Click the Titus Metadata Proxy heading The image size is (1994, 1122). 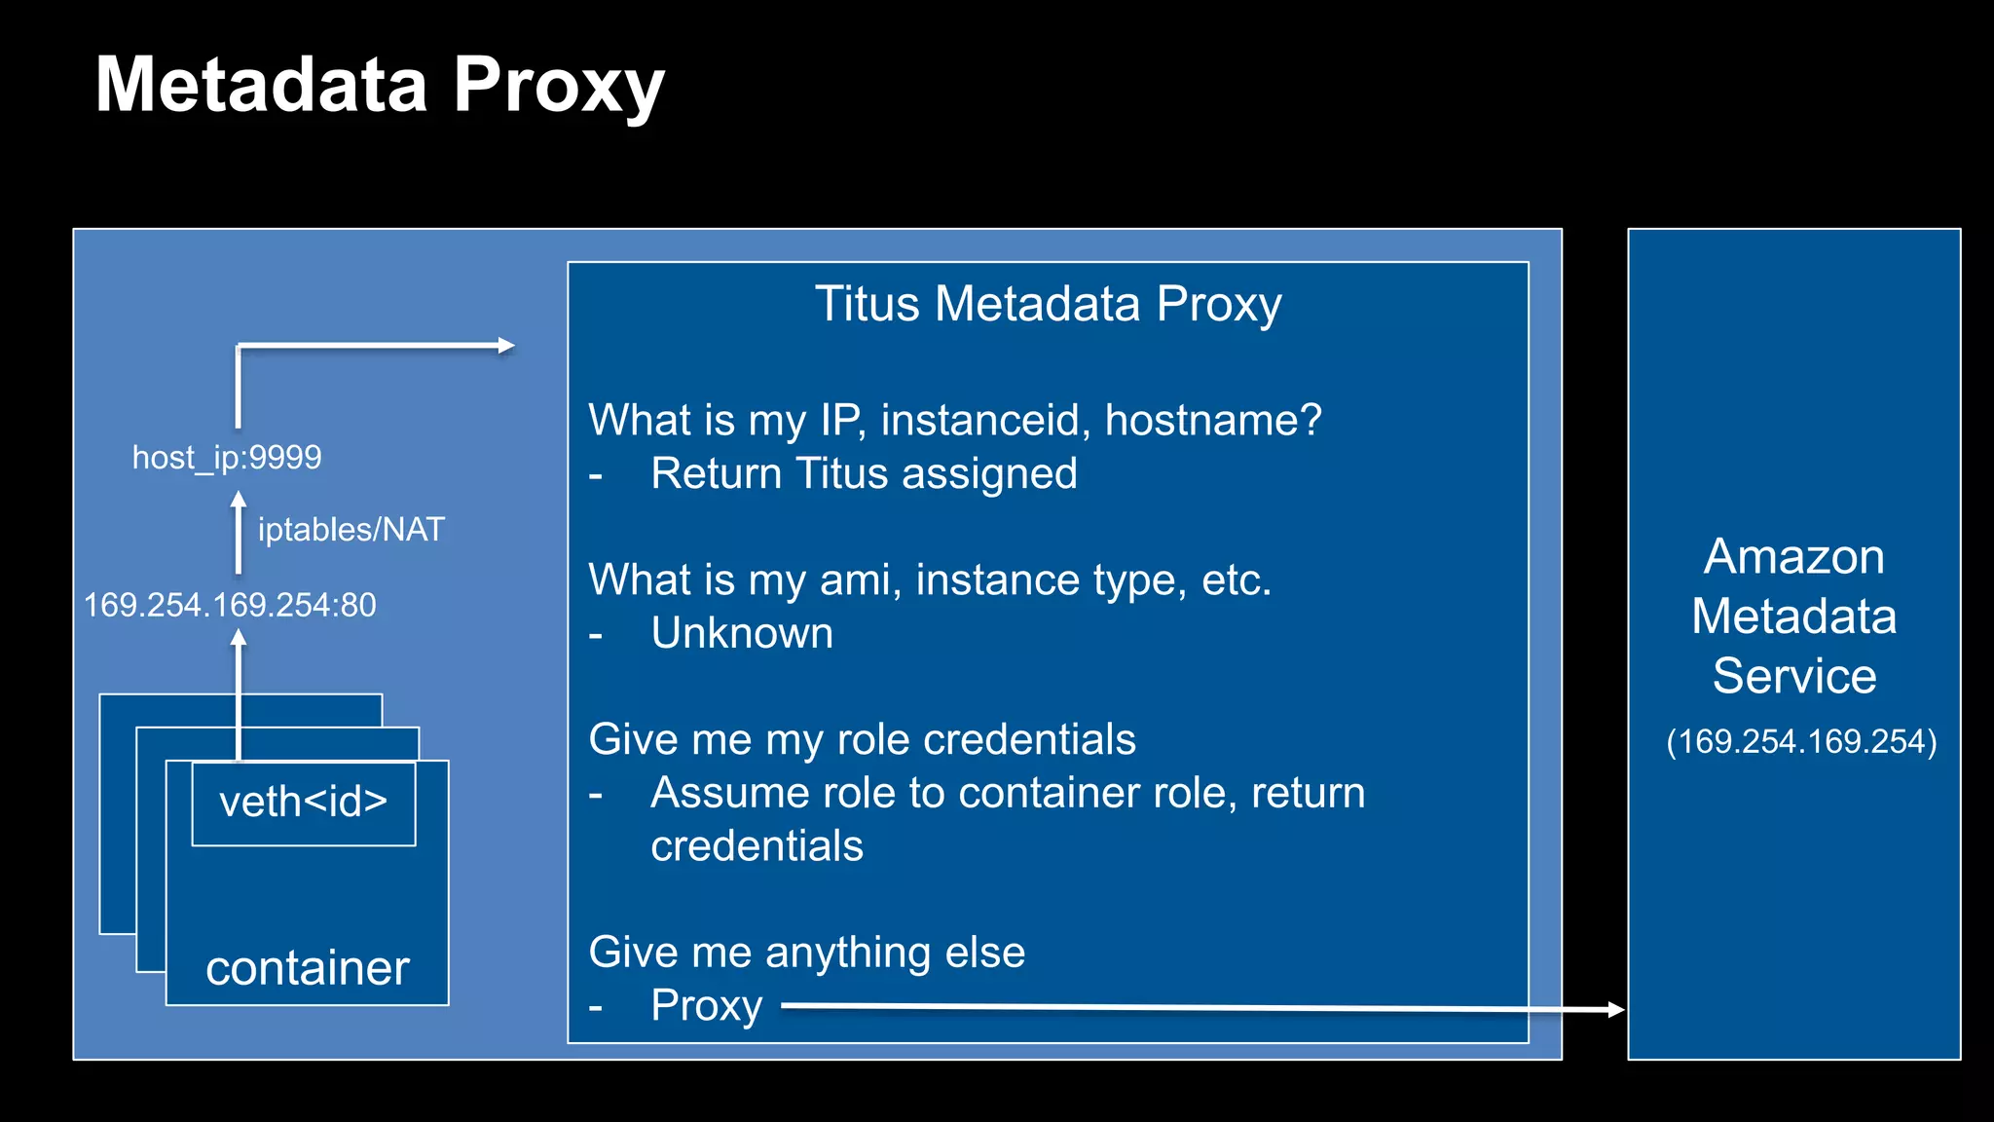1048,304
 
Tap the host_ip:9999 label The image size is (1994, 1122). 227,457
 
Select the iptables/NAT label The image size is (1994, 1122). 351,530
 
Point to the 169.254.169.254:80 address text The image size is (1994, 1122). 230,605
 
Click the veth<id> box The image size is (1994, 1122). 304,803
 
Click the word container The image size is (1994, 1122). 308,968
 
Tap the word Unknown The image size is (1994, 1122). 742,633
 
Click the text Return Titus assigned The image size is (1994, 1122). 864,474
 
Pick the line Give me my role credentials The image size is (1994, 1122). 862,739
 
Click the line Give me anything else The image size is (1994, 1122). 806,952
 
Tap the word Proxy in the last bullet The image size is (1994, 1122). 706,1005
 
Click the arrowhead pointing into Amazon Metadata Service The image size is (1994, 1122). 1615,1010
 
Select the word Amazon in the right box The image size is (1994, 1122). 1793,557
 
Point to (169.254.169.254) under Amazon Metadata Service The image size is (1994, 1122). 1801,741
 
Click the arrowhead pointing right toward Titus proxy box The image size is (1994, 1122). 506,346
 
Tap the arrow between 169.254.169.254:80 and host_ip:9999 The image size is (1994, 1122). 239,534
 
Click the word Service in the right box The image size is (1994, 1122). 1793,676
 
